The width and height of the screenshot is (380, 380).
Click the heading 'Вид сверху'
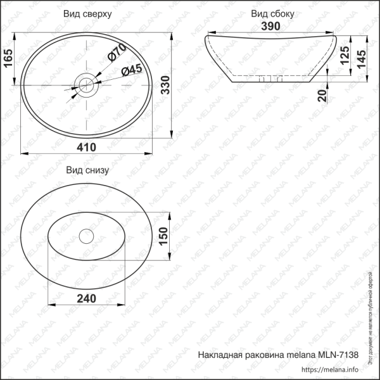coord(88,13)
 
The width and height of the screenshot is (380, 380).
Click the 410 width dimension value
coord(86,147)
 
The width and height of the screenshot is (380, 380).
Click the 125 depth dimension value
coord(344,58)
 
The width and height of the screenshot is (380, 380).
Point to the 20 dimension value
coord(324,96)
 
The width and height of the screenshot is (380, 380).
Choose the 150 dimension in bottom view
coord(163,236)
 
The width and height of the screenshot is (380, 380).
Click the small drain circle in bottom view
coord(85,236)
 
